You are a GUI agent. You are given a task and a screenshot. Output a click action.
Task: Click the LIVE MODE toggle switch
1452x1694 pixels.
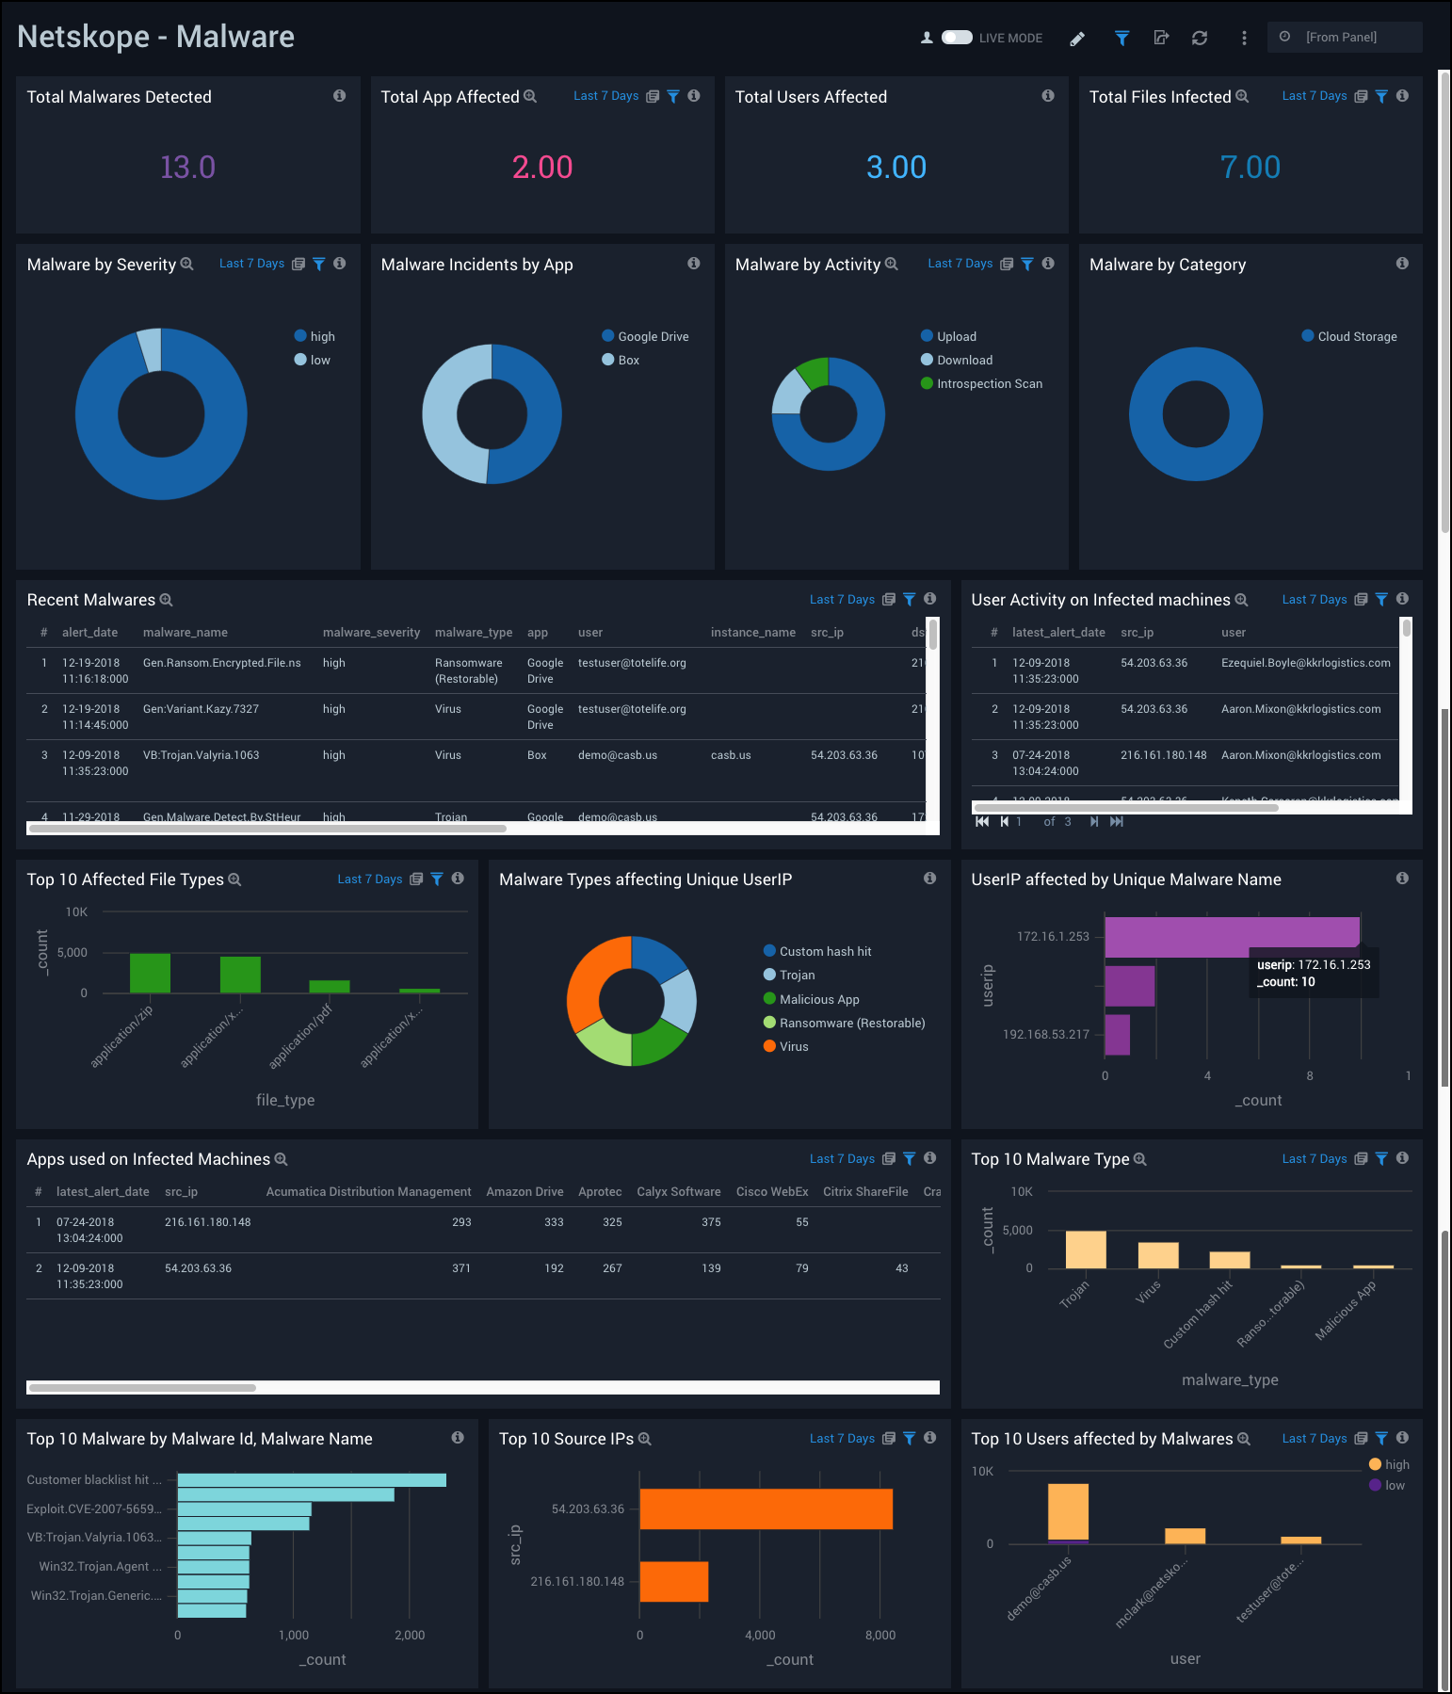[x=957, y=38]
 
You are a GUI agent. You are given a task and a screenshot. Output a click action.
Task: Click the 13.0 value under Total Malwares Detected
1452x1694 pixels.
[x=187, y=167]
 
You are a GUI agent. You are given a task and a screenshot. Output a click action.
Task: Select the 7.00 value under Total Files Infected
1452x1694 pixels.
[x=1250, y=167]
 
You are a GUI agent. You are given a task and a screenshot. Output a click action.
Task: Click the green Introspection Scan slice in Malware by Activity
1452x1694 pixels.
[x=813, y=373]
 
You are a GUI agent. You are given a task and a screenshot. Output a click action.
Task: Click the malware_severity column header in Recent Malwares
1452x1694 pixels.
[x=371, y=632]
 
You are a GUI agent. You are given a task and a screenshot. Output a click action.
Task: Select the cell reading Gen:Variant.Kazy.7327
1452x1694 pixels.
[x=201, y=709]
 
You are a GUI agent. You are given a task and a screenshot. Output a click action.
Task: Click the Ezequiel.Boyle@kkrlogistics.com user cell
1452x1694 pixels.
[x=1305, y=663]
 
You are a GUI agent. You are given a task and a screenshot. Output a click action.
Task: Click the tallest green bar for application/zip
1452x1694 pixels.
[x=150, y=973]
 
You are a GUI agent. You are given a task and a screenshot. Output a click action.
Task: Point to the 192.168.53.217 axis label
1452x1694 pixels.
[x=1045, y=1034]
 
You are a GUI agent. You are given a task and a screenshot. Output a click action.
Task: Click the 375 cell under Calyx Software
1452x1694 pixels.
[x=711, y=1222]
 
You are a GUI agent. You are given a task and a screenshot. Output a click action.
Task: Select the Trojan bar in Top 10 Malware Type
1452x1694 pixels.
[x=1086, y=1250]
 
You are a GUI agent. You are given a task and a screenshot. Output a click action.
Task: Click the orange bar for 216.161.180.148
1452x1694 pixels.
[x=673, y=1581]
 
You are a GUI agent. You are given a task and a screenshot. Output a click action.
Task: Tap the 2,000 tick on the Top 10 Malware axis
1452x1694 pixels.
[x=410, y=1635]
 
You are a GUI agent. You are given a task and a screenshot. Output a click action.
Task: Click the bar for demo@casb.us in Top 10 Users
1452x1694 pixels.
[x=1068, y=1512]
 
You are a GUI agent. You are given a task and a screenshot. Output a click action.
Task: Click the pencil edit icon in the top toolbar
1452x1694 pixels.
[x=1077, y=39]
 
